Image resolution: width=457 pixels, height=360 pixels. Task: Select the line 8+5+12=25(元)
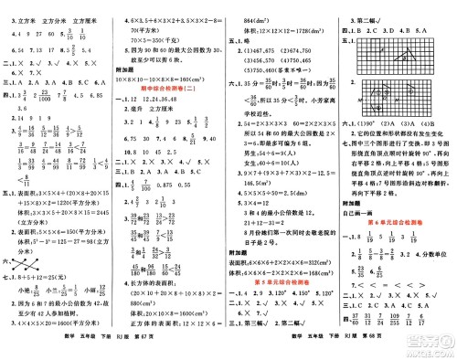[54, 278]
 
